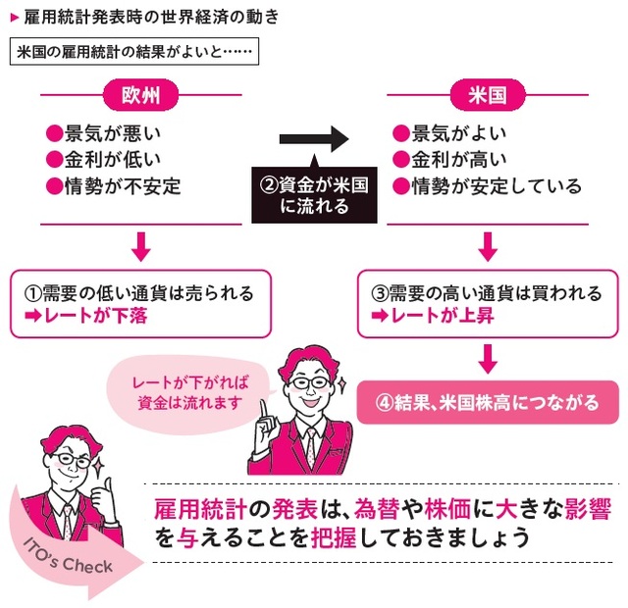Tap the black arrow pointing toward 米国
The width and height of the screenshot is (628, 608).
point(314,139)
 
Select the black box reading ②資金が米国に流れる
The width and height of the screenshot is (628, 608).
point(314,192)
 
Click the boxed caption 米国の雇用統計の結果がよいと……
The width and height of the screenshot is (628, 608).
point(131,51)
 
